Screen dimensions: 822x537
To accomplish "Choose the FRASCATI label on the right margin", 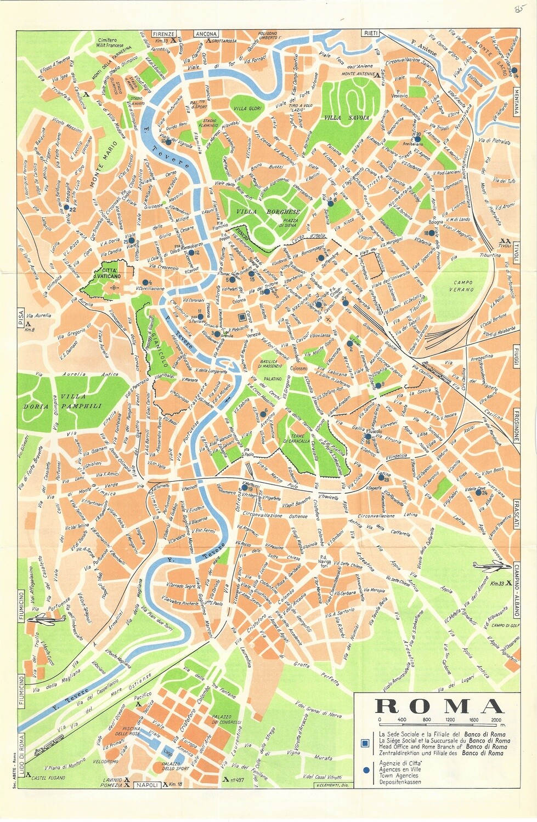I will [516, 513].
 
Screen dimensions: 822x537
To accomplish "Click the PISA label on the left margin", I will [21, 316].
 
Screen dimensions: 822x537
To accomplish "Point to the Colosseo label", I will [299, 369].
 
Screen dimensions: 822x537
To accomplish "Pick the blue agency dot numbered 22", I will [66, 208].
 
